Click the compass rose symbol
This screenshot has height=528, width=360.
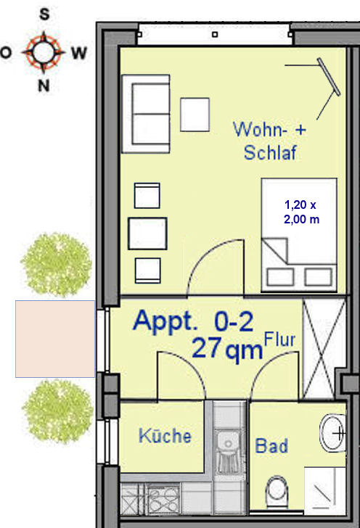click(43, 52)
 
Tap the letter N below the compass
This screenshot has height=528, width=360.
click(44, 86)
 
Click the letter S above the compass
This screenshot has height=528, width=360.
click(44, 15)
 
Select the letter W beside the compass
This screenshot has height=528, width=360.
click(79, 53)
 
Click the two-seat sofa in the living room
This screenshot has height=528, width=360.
click(146, 114)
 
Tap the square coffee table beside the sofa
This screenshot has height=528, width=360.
click(195, 115)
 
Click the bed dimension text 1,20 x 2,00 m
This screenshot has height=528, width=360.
click(300, 212)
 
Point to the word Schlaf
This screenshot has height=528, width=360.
click(270, 152)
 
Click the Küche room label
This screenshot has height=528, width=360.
click(165, 436)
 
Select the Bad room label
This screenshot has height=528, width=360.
click(271, 445)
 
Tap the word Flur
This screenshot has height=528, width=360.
click(279, 339)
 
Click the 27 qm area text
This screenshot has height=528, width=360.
click(227, 349)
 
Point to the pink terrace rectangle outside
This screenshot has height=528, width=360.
click(55, 339)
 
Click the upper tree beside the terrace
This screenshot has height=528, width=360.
click(57, 265)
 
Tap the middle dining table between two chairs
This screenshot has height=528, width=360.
click(147, 234)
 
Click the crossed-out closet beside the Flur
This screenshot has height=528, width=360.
click(324, 349)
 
